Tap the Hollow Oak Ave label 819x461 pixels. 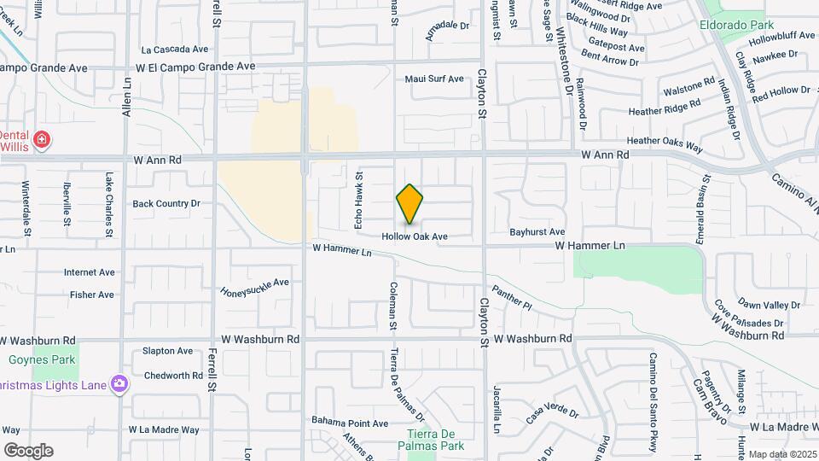pyautogui.click(x=415, y=236)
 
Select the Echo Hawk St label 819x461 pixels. pyautogui.click(x=359, y=201)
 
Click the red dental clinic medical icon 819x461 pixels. pyautogui.click(x=41, y=139)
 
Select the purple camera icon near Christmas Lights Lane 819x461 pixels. pyautogui.click(x=119, y=385)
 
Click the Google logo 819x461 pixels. pyautogui.click(x=28, y=451)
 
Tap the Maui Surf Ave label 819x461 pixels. pyautogui.click(x=434, y=79)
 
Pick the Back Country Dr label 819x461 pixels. pyautogui.click(x=166, y=204)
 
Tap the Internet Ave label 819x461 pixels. pyautogui.click(x=89, y=273)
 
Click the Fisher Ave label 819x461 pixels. pyautogui.click(x=92, y=295)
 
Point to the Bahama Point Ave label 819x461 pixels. pyautogui.click(x=350, y=423)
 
